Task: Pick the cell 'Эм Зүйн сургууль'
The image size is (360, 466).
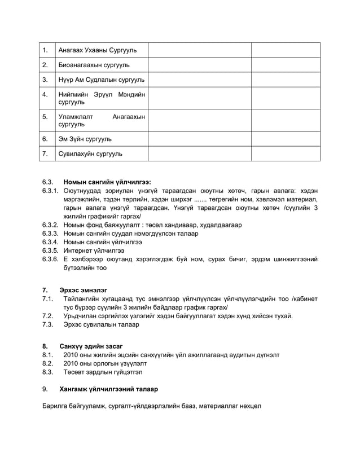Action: point(85,138)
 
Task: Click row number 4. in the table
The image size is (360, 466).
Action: point(45,94)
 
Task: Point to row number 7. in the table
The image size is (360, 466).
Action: point(45,153)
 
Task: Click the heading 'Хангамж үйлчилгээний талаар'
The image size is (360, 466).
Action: point(108,389)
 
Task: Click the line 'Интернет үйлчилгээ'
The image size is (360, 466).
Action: point(94,250)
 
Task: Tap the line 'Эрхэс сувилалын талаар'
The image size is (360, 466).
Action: point(101,324)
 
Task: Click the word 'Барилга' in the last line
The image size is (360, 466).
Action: point(56,406)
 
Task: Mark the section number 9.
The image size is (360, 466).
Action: point(45,389)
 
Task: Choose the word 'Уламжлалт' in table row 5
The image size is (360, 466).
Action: point(76,117)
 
